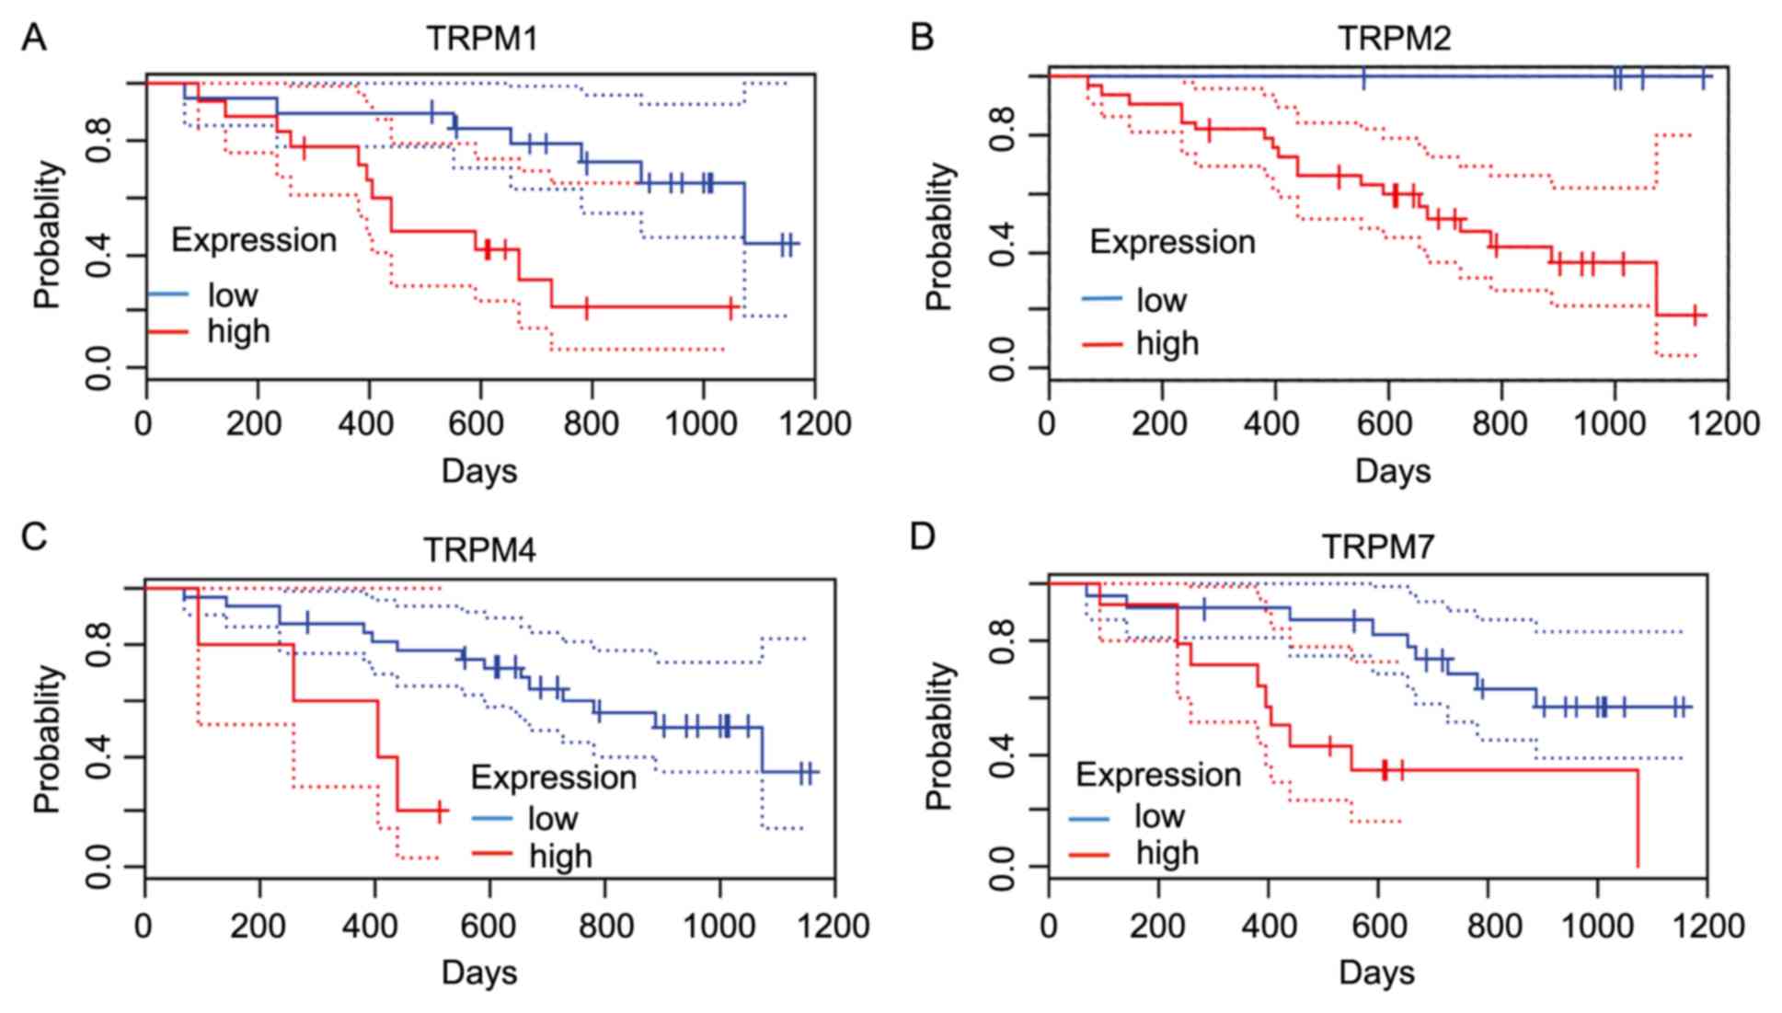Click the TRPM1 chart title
(481, 39)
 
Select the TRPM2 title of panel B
(1394, 39)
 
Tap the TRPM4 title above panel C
(479, 549)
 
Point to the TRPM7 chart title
(1377, 547)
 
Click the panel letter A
(34, 39)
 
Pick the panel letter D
(922, 536)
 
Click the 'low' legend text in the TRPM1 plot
(233, 295)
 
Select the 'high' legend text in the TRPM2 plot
(1167, 344)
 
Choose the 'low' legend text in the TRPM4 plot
(552, 818)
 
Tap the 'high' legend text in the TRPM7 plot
(1167, 854)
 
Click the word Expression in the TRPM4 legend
(553, 777)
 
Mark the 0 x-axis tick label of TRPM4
(144, 926)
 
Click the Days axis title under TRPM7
(1376, 973)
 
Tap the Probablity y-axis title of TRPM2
(939, 236)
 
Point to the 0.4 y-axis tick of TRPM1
(98, 255)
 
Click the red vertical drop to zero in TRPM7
(1638, 819)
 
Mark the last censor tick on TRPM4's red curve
(440, 811)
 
